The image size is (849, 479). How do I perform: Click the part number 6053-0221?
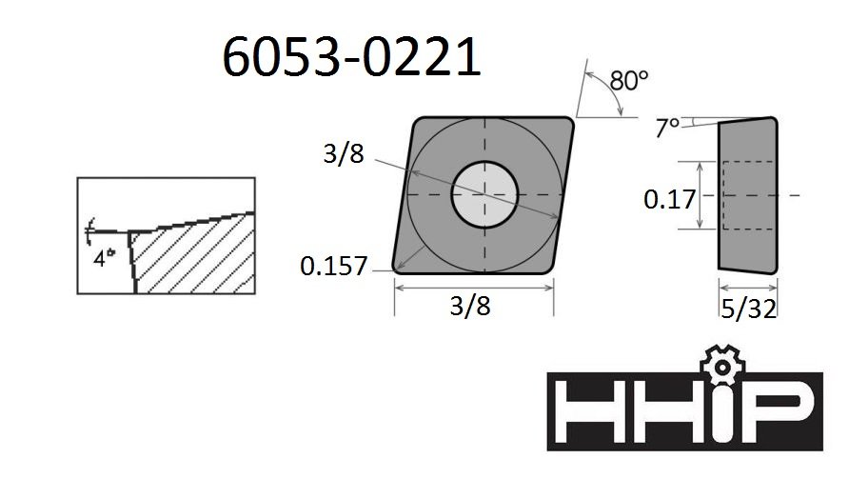[351, 56]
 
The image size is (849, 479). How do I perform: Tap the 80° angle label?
[628, 81]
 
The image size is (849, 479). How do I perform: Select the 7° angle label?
[667, 128]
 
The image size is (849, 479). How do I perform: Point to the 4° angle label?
[105, 258]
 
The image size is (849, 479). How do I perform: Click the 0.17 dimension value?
[669, 199]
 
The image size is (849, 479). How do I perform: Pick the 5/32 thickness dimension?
[749, 309]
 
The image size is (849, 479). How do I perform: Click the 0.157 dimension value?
[333, 266]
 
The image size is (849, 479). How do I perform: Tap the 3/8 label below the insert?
[470, 306]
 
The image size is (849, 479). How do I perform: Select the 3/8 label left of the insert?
[344, 153]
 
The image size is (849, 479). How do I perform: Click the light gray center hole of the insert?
[484, 194]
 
